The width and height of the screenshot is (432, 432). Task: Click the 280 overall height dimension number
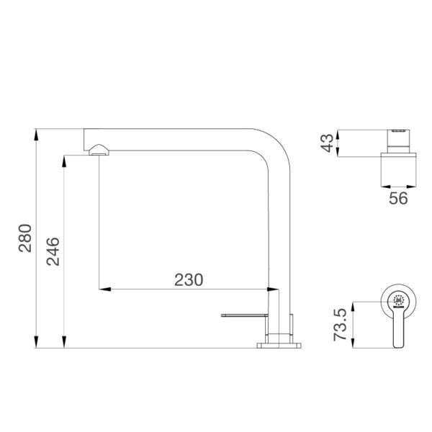point(24,238)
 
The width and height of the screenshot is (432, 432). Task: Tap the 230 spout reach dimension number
point(189,279)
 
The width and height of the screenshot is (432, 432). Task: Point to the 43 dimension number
point(328,143)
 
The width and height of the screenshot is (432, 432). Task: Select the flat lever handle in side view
point(245,315)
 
